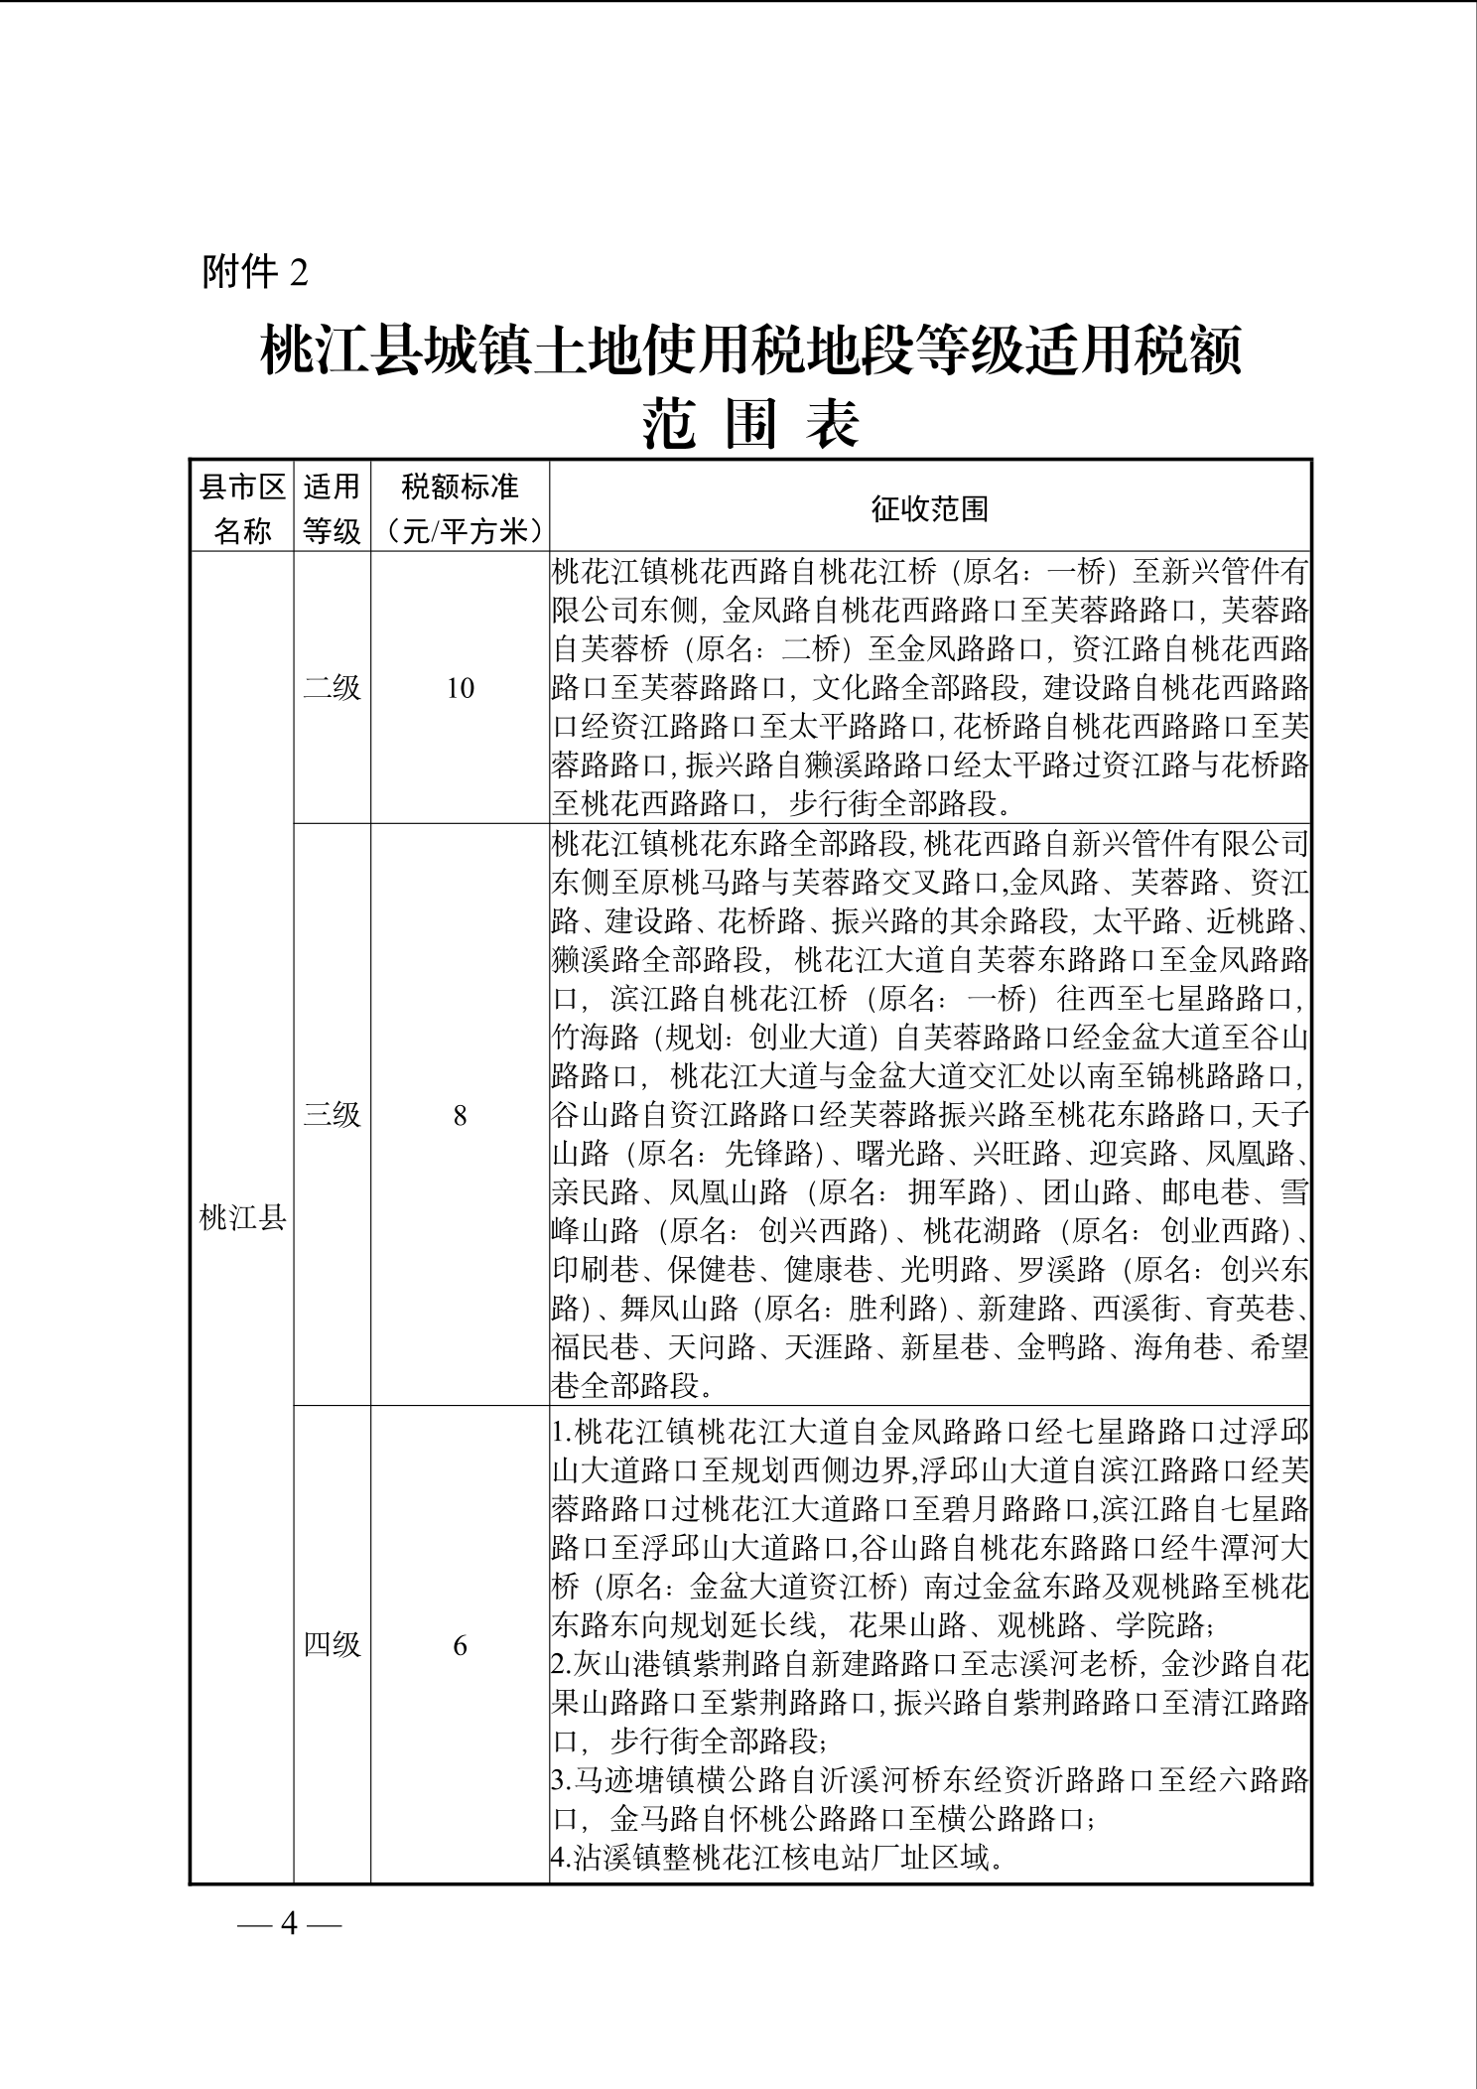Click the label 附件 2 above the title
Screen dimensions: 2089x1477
[255, 271]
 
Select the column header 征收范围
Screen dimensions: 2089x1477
[930, 508]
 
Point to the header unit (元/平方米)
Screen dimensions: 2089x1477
[460, 531]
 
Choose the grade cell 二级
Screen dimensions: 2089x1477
[332, 688]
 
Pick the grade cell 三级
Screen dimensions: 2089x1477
[332, 1114]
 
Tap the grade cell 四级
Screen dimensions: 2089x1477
[332, 1645]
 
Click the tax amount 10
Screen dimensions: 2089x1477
[460, 688]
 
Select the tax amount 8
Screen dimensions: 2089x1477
[460, 1115]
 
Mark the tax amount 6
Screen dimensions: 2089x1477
[460, 1646]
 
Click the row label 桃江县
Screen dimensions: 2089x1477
[242, 1217]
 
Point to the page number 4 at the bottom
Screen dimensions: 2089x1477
[290, 1923]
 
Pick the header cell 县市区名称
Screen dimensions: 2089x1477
[242, 508]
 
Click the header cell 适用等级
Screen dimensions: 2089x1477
[332, 508]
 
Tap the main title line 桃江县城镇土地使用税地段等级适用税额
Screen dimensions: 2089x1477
[750, 352]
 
